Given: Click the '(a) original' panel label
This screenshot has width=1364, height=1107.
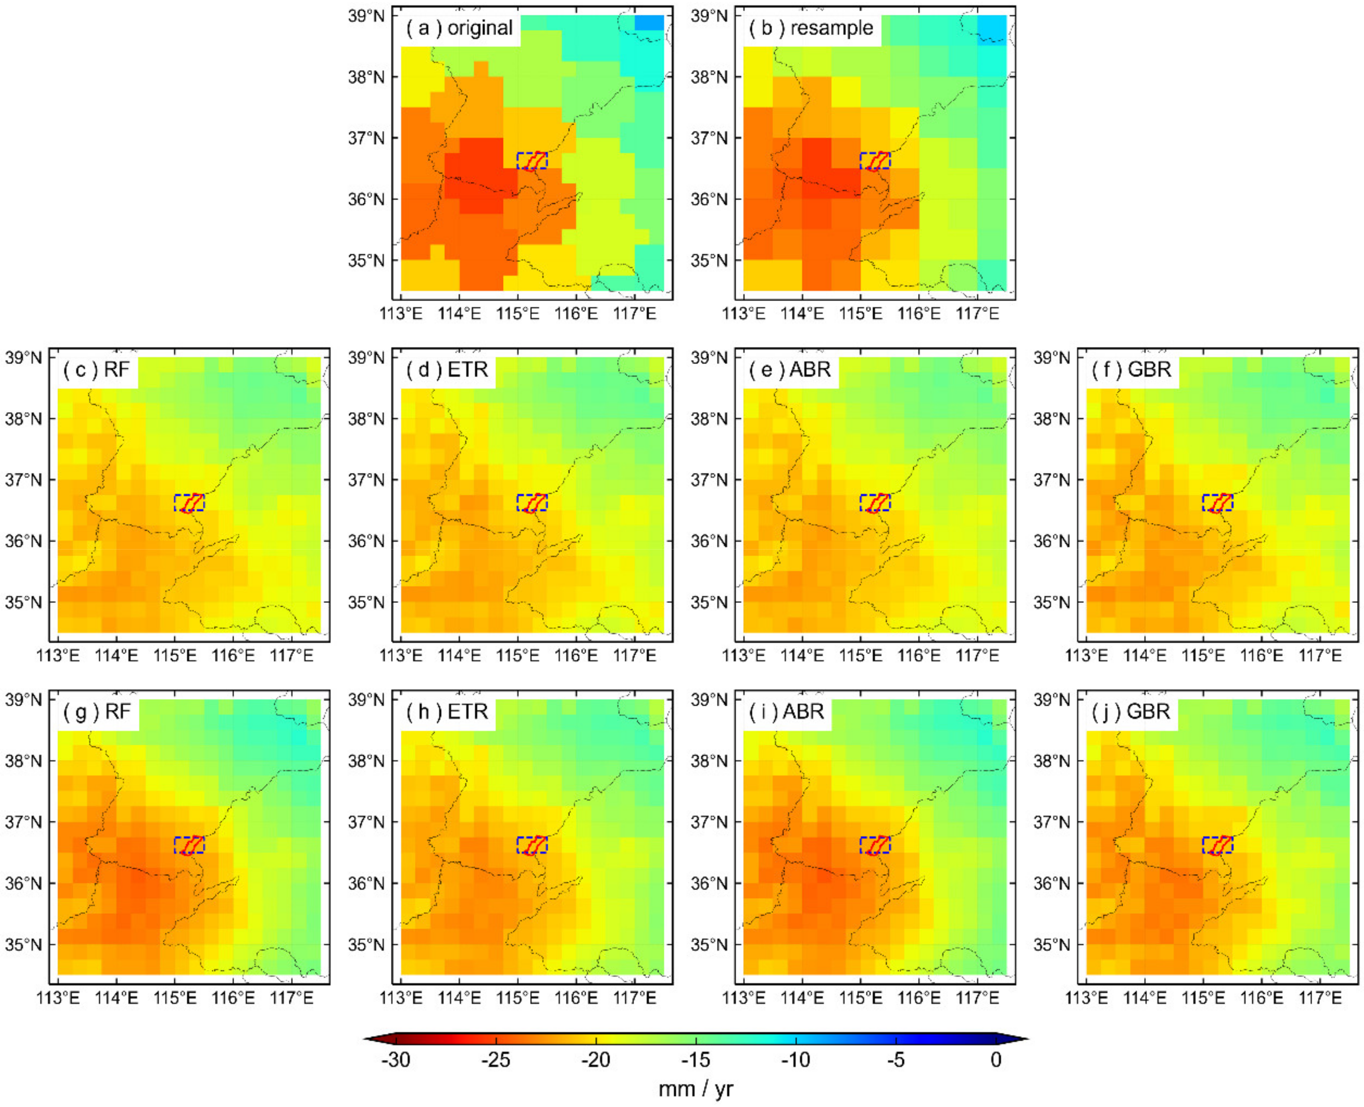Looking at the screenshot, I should (x=459, y=28).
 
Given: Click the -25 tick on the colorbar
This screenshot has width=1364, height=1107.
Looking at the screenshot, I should (x=495, y=1060).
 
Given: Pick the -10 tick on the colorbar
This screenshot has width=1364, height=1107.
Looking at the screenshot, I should (x=795, y=1060).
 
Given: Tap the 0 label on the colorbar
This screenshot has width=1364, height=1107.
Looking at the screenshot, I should (x=996, y=1060).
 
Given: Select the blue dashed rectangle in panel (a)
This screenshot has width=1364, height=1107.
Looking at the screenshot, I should (x=532, y=161).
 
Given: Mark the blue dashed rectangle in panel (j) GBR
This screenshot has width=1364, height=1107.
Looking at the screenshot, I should (x=1217, y=845).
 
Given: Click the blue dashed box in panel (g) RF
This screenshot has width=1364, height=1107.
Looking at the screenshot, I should (x=189, y=845).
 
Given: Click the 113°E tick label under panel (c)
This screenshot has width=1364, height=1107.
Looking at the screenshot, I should (x=58, y=656).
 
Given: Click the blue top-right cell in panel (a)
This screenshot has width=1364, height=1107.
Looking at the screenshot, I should (x=649, y=22).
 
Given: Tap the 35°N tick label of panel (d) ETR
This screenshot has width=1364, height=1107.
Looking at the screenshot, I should (x=366, y=603).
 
